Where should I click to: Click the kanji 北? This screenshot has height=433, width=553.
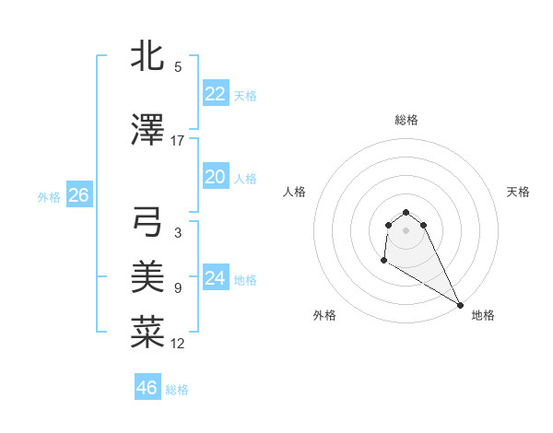[x=147, y=56]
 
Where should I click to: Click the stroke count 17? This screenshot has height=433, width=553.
[x=178, y=141]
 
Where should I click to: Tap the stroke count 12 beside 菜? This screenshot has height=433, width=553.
[x=178, y=344]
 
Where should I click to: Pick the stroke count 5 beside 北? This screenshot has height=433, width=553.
[x=178, y=67]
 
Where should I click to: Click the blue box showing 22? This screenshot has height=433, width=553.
[x=215, y=94]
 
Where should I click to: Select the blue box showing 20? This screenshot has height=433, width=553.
[x=215, y=177]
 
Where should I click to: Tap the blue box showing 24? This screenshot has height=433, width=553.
[x=215, y=278]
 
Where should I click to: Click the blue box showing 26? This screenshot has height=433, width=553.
[x=78, y=195]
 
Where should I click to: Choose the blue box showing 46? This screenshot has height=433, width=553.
[x=147, y=388]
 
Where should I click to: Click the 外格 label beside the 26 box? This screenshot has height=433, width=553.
[x=49, y=196]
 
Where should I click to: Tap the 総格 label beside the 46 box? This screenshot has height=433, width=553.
[x=177, y=390]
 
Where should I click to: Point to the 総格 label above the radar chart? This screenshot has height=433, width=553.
[x=406, y=120]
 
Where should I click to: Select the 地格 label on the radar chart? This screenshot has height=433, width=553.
[x=483, y=315]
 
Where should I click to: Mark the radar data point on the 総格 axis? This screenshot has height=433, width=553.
[x=406, y=210]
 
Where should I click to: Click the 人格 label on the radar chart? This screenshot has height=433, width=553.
[x=295, y=192]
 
